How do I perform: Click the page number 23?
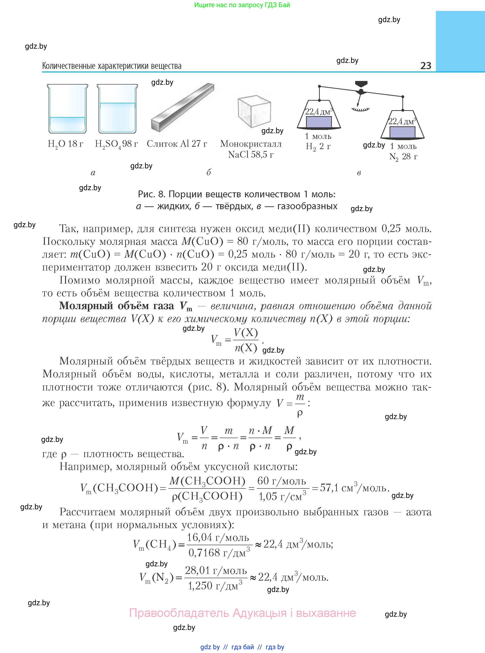[x=425, y=66]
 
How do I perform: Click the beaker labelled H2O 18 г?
[x=67, y=109]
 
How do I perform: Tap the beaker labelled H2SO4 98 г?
[x=117, y=109]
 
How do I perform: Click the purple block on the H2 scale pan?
[x=319, y=122]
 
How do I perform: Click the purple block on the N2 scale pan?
[x=402, y=132]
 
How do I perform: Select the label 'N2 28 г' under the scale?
[x=403, y=156]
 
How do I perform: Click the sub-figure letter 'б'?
[x=208, y=172]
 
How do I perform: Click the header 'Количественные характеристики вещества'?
[x=112, y=66]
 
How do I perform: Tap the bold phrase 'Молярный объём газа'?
[x=117, y=306]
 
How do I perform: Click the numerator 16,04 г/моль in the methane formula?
[x=218, y=537]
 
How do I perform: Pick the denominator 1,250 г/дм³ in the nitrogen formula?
[x=215, y=586]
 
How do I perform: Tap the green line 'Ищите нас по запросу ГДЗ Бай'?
[x=242, y=5]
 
